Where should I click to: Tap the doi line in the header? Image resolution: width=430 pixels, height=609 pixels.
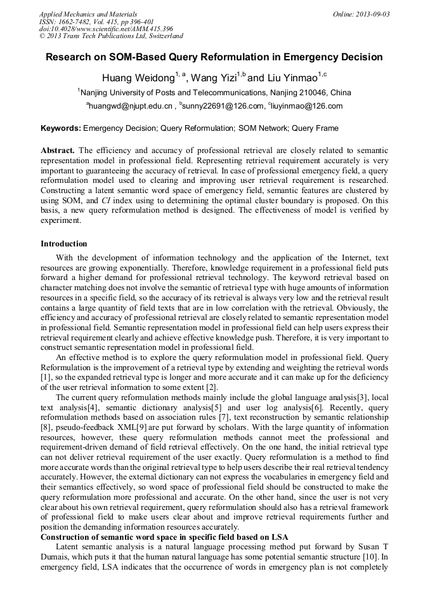click(x=106, y=29)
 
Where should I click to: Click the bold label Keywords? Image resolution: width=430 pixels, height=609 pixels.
click(x=61, y=128)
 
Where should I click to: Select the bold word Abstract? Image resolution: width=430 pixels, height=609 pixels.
click(x=58, y=151)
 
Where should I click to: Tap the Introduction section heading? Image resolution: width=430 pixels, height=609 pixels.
click(x=64, y=244)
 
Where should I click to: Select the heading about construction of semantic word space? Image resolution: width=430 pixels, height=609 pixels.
click(x=164, y=537)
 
